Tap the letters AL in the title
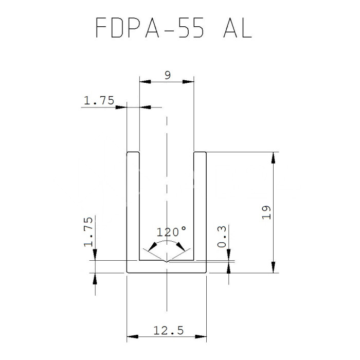tap(236, 28)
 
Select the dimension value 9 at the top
tap(167, 75)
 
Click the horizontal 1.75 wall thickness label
tap(99, 101)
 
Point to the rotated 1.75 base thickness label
tap(88, 232)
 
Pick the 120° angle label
tap(171, 231)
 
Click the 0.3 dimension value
tap(223, 237)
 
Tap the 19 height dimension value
tap(266, 212)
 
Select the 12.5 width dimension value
tap(167, 330)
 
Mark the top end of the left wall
tap(133, 153)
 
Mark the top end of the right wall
tap(200, 153)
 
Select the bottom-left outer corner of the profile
tap(128, 272)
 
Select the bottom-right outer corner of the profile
tap(206, 272)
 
